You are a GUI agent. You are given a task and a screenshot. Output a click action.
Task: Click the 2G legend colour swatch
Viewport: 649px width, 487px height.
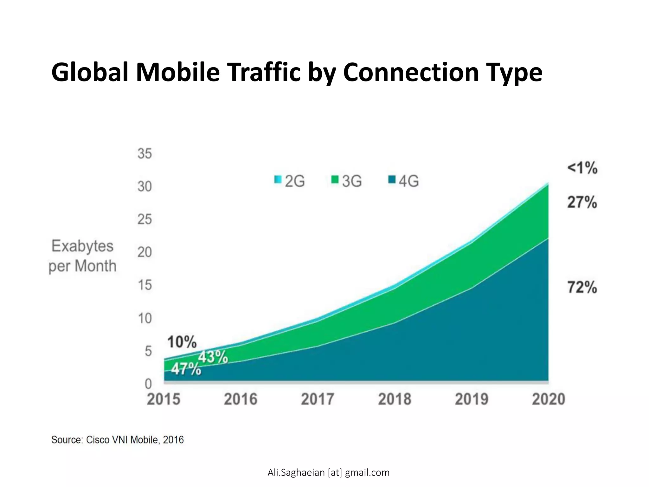coord(278,180)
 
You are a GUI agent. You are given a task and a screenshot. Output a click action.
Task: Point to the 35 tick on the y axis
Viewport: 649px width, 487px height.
coord(145,154)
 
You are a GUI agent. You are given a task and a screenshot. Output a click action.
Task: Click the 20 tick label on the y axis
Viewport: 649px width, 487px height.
coord(145,252)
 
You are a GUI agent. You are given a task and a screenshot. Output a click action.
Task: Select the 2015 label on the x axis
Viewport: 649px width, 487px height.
coord(164,399)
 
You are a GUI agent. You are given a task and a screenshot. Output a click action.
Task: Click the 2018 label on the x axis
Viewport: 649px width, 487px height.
coord(395,399)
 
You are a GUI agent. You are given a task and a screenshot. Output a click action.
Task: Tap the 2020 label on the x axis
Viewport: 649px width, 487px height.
coord(549,399)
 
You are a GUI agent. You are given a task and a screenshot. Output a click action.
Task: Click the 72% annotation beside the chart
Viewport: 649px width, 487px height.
coord(582,288)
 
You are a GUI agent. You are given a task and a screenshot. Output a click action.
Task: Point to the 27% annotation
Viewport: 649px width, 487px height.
coord(582,202)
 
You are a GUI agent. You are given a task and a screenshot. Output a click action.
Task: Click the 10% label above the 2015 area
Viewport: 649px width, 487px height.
coord(182,342)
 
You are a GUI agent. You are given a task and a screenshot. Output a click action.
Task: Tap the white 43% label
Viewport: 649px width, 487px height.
coord(213,357)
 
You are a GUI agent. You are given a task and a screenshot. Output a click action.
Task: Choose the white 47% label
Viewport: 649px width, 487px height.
coord(186,369)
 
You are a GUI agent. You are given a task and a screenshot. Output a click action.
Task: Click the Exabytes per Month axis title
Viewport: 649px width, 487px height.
coord(82,256)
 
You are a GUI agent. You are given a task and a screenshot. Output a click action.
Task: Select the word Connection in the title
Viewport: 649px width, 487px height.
coord(411,72)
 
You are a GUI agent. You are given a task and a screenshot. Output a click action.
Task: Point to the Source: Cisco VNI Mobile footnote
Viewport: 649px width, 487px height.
coord(118,440)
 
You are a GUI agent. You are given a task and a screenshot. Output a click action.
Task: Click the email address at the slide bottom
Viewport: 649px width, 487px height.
coord(328,472)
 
